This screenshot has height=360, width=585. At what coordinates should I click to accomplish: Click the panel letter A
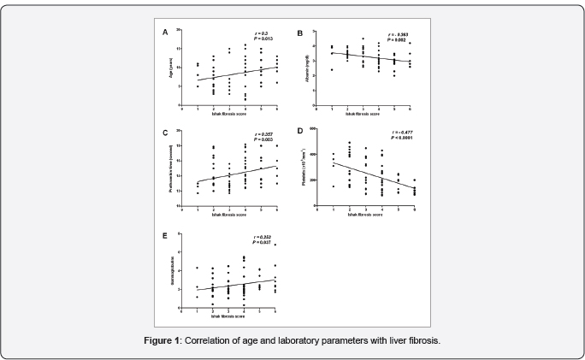click(165, 32)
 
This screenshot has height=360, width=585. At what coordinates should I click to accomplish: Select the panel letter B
click(298, 32)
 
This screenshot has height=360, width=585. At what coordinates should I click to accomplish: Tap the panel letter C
click(165, 133)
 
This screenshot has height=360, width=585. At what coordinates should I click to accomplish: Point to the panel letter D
click(298, 131)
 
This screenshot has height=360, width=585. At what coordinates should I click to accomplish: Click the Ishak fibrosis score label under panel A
click(229, 114)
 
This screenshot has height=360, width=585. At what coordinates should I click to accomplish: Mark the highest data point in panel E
click(275, 245)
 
